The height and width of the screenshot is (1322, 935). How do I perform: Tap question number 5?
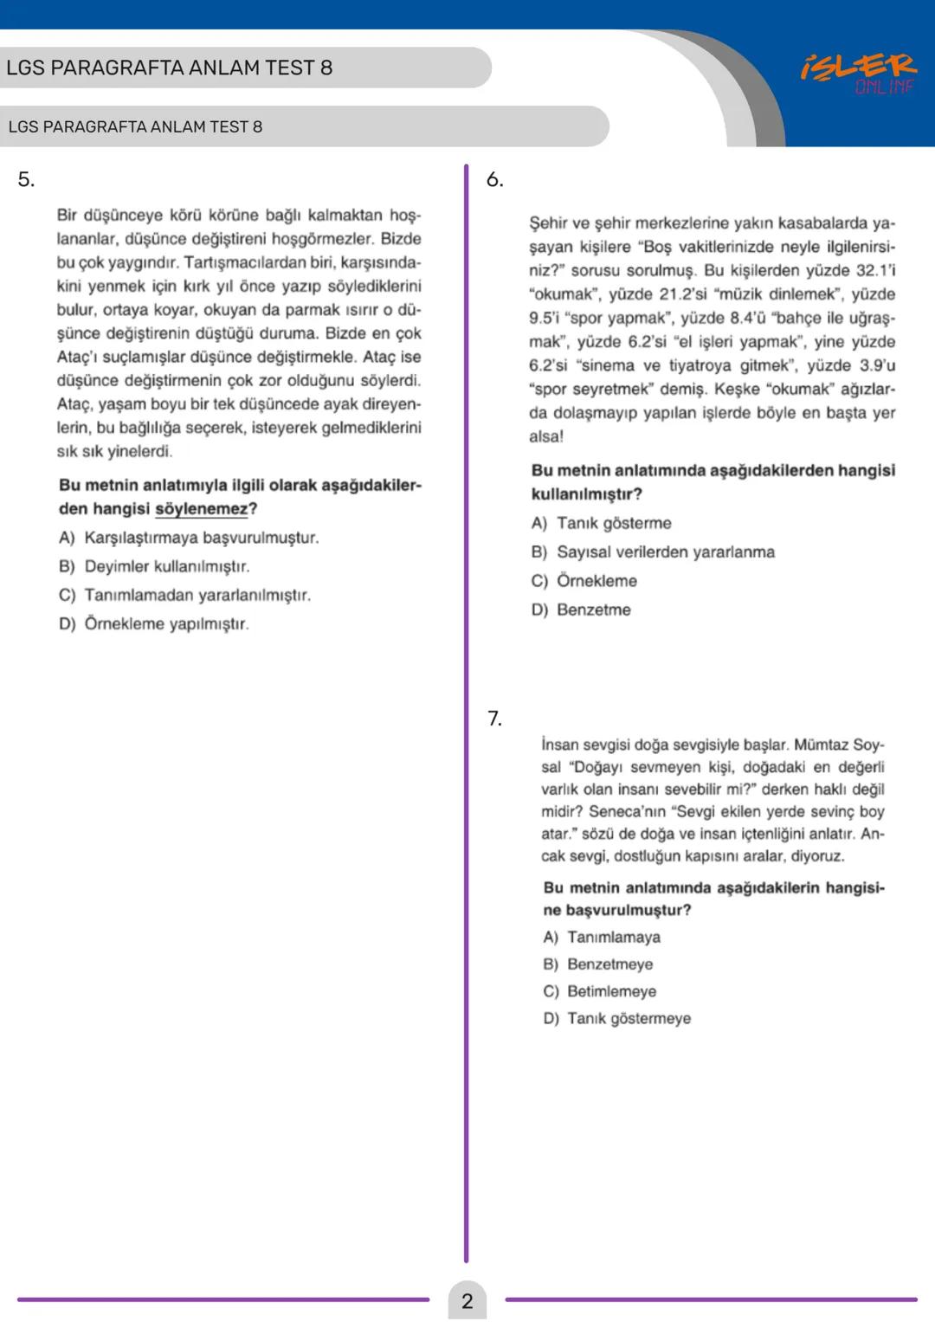[x=26, y=180]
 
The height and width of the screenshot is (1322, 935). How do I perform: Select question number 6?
[x=494, y=180]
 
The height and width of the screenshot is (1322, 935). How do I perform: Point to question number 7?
[x=494, y=719]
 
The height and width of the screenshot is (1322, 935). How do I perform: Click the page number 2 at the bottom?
[x=467, y=1300]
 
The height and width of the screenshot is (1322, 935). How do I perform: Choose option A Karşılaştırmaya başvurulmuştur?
[x=189, y=538]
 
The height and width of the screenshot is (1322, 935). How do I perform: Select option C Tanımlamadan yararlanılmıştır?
[x=184, y=596]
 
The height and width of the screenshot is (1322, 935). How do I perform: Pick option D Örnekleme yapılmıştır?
[x=154, y=624]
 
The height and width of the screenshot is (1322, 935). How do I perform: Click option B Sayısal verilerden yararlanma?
[x=653, y=552]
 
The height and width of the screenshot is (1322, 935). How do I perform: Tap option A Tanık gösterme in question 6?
[x=601, y=523]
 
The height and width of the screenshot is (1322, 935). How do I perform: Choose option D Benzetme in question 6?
[x=581, y=610]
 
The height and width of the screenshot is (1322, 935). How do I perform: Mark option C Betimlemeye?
[x=599, y=991]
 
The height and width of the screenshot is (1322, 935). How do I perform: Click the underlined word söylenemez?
[x=201, y=509]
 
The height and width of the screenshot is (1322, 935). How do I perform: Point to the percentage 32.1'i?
[x=875, y=270]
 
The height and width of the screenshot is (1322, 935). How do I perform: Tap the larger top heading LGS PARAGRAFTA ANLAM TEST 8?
[x=169, y=68]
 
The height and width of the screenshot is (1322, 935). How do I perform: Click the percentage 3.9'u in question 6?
[x=877, y=365]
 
